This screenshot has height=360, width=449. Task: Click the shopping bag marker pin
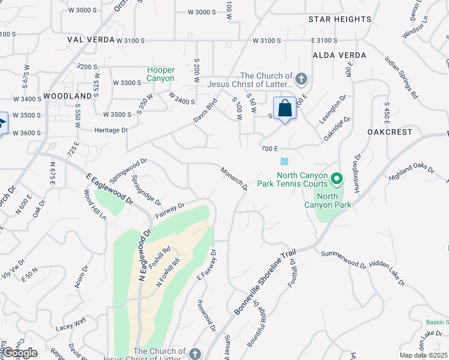click(285, 109)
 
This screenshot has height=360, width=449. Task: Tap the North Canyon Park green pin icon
click(337, 179)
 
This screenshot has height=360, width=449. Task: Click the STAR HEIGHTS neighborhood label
click(340, 19)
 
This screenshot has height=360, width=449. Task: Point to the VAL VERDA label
click(91, 40)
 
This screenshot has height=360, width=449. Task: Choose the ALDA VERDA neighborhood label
click(339, 55)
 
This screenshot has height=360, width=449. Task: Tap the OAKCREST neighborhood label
click(390, 131)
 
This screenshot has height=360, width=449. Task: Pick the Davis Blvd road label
click(205, 111)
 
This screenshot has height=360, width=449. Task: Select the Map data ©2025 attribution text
click(423, 355)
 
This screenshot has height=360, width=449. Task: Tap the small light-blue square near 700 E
click(284, 161)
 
